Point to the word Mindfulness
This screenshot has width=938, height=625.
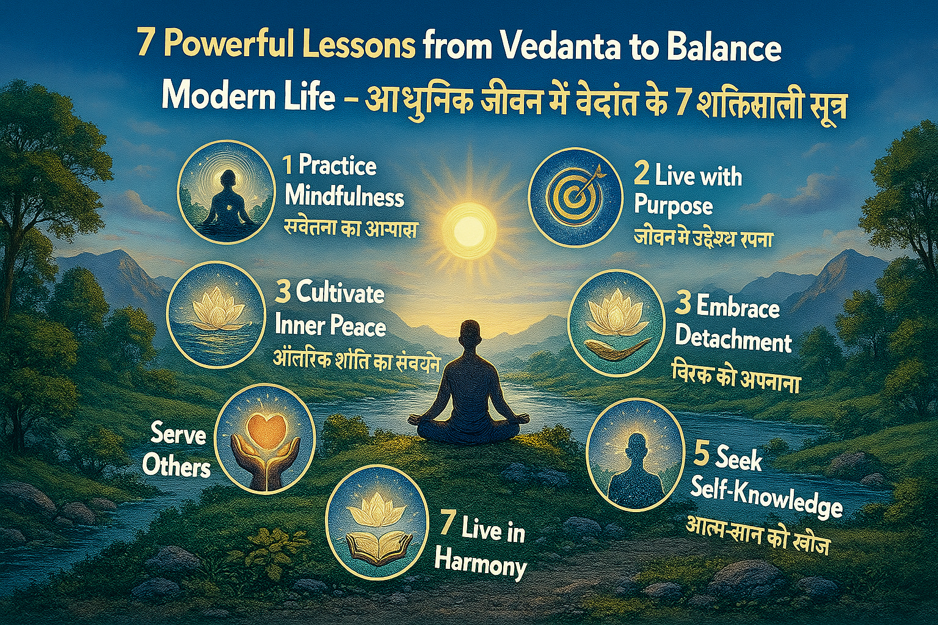(344, 197)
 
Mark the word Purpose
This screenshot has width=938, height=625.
(673, 205)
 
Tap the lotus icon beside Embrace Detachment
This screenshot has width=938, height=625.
(616, 323)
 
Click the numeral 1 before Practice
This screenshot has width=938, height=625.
(287, 165)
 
